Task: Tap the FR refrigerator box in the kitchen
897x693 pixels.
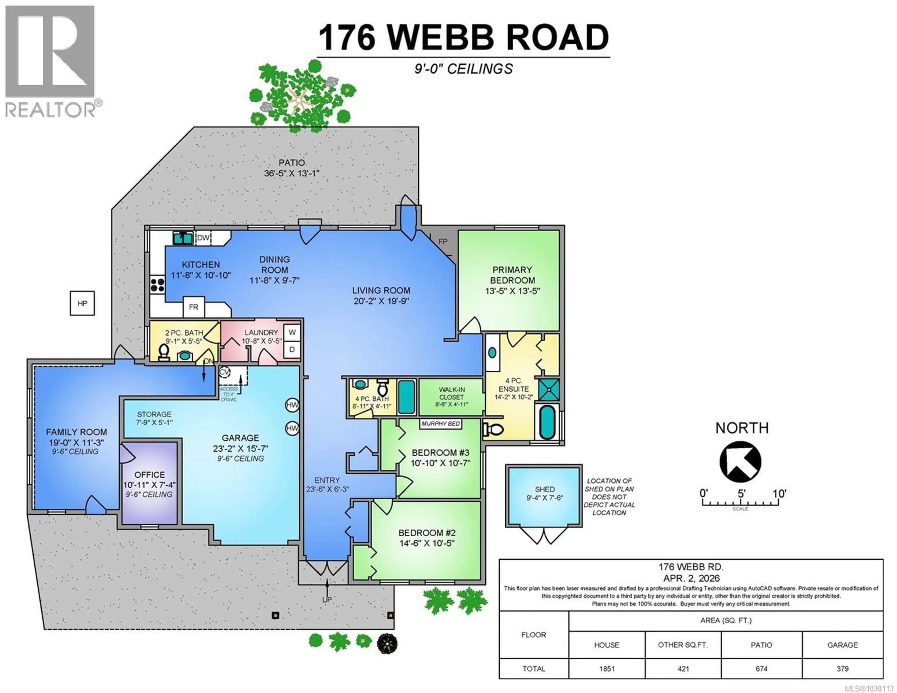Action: coord(193,307)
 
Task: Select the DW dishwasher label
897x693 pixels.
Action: coord(203,238)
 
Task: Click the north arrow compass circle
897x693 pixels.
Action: coord(740,462)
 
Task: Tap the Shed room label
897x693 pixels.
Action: coord(545,489)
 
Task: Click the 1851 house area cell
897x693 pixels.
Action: coord(607,669)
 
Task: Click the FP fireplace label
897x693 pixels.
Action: coord(443,242)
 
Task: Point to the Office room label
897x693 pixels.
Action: coord(149,474)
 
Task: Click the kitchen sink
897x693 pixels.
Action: coord(183,238)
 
